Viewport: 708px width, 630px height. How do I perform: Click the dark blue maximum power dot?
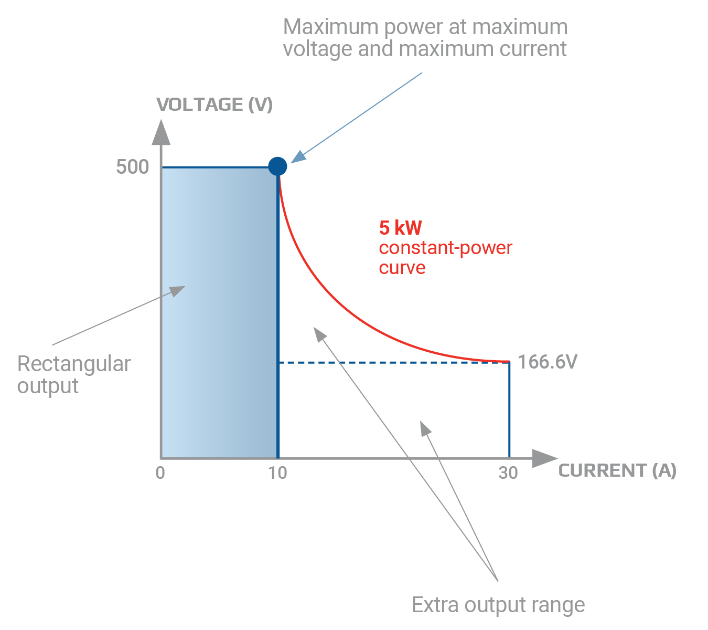point(277,166)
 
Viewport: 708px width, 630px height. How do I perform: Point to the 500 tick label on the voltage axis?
point(133,166)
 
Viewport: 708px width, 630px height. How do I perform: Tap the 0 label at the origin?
point(160,472)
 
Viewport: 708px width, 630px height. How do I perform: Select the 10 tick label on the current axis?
point(277,472)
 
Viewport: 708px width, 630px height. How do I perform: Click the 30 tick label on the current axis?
point(508,472)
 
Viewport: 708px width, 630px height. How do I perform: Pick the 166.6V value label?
point(547,362)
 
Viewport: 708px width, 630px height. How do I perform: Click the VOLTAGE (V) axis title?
point(214,104)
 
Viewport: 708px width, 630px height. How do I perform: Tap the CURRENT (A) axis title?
point(617,470)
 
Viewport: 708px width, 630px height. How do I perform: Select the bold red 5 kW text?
point(401,228)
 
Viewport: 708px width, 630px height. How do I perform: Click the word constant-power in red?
point(446,248)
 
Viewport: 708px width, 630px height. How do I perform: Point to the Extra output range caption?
point(498,605)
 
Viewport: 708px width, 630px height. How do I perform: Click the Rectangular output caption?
point(74,375)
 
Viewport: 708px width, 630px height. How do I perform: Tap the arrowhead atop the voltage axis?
point(161,132)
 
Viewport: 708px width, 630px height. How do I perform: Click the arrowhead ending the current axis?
point(545,458)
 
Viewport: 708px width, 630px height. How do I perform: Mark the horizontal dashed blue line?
point(393,363)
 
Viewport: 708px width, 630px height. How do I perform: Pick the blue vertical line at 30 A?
point(509,409)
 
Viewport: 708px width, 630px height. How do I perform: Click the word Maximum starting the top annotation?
point(330,27)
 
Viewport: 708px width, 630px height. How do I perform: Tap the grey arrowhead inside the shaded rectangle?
point(177,291)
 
